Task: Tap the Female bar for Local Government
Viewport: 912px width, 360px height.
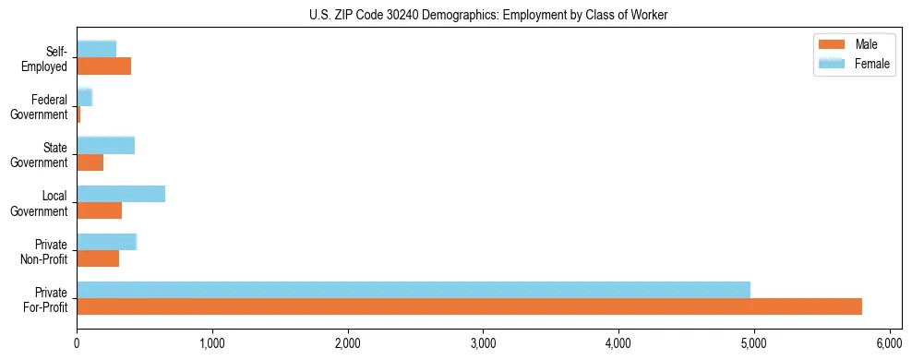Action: (x=121, y=194)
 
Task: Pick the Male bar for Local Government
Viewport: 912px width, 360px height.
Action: (x=100, y=210)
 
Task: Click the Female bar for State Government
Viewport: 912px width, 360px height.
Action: (x=106, y=145)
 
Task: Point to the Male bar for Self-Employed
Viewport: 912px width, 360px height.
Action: (x=104, y=66)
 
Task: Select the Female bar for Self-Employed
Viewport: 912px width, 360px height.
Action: (x=97, y=49)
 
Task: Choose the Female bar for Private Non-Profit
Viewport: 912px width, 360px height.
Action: (x=107, y=242)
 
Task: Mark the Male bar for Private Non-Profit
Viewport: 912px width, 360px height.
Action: (x=98, y=258)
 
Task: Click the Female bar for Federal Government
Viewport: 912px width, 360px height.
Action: (x=85, y=97)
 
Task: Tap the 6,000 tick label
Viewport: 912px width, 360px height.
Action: (x=889, y=344)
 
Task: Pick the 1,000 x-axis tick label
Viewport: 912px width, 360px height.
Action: (x=212, y=344)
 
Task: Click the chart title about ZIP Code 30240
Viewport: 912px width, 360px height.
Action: (x=487, y=15)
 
